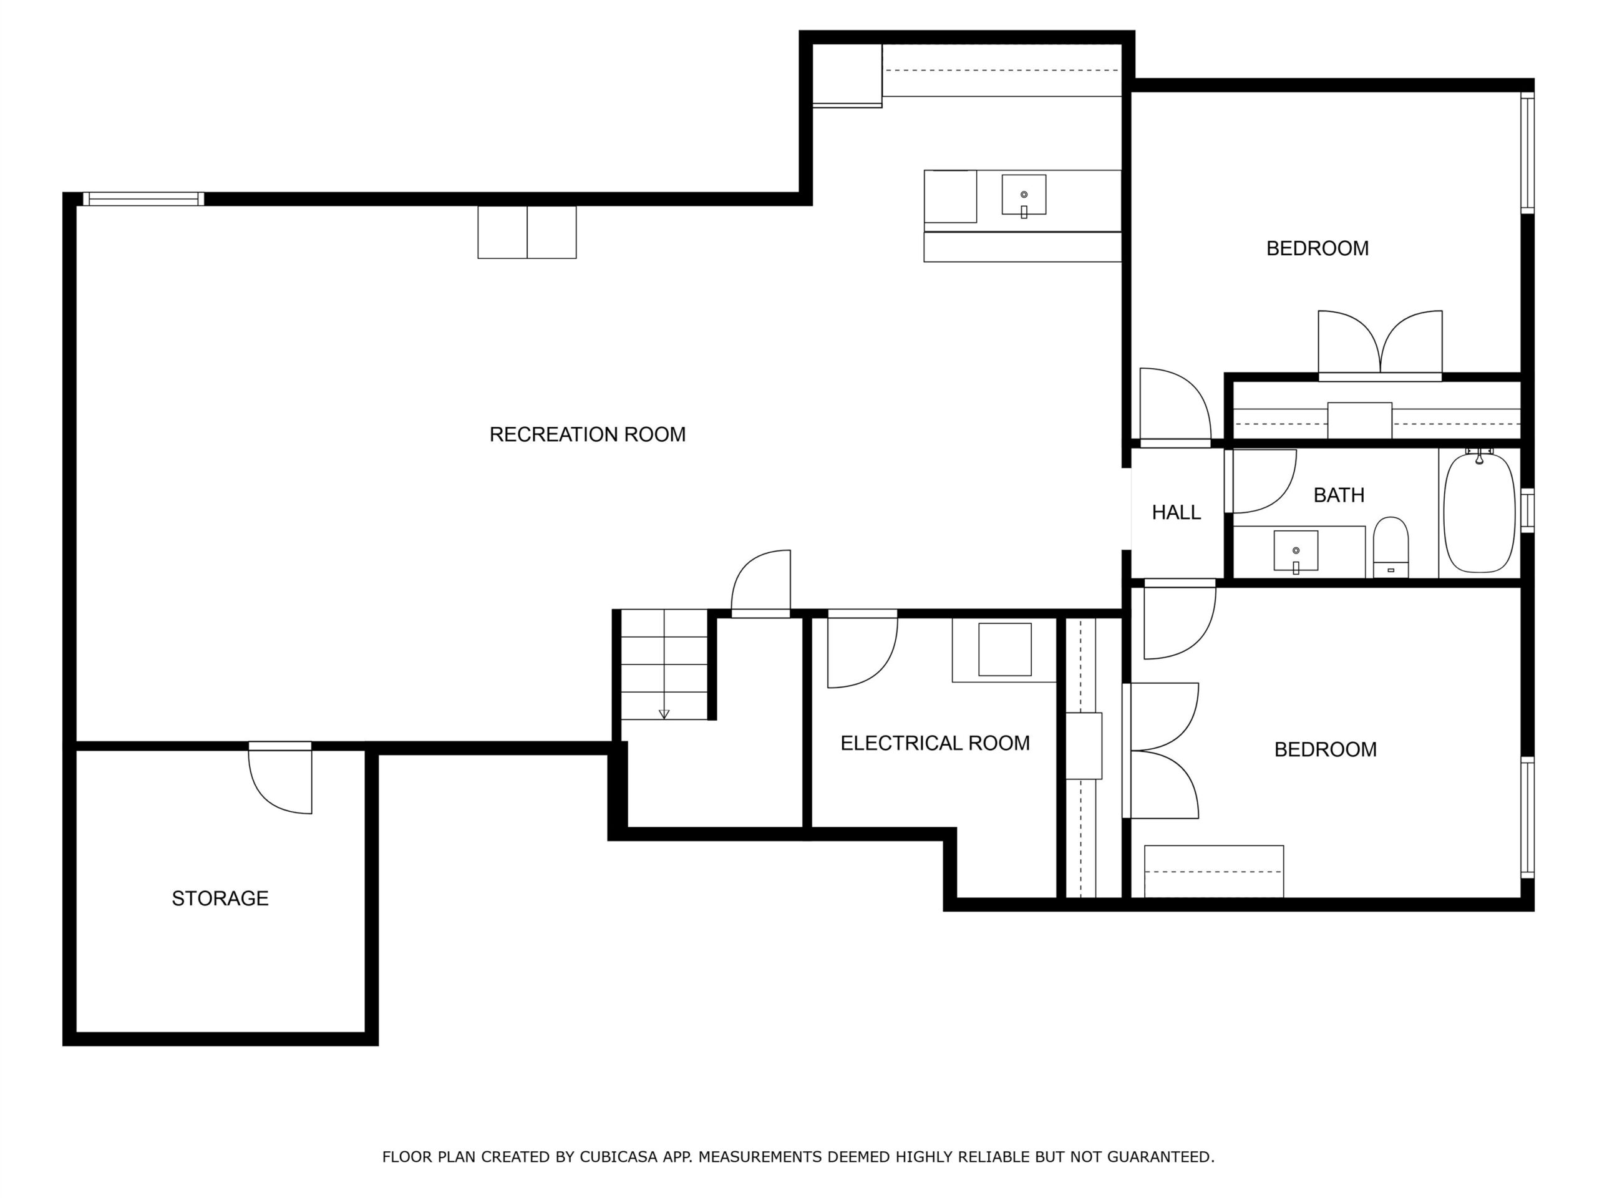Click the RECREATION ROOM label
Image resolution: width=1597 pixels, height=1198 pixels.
click(587, 434)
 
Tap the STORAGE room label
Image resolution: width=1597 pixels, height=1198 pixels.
click(220, 898)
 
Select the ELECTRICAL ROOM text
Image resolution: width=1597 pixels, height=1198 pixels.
click(935, 743)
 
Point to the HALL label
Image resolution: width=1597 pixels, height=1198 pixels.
click(1176, 513)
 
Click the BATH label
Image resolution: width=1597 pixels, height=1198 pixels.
click(1339, 495)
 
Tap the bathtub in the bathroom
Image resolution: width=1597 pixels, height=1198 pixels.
click(1478, 513)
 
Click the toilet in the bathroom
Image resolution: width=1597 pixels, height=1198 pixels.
click(1391, 547)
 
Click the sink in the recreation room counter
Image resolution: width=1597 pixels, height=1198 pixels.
click(1024, 195)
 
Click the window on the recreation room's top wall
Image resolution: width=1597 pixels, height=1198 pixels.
click(143, 199)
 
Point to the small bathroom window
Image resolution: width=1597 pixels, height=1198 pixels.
click(1527, 510)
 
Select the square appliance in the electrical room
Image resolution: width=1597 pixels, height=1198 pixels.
click(1005, 649)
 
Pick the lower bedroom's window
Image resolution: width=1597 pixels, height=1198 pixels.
click(1527, 817)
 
